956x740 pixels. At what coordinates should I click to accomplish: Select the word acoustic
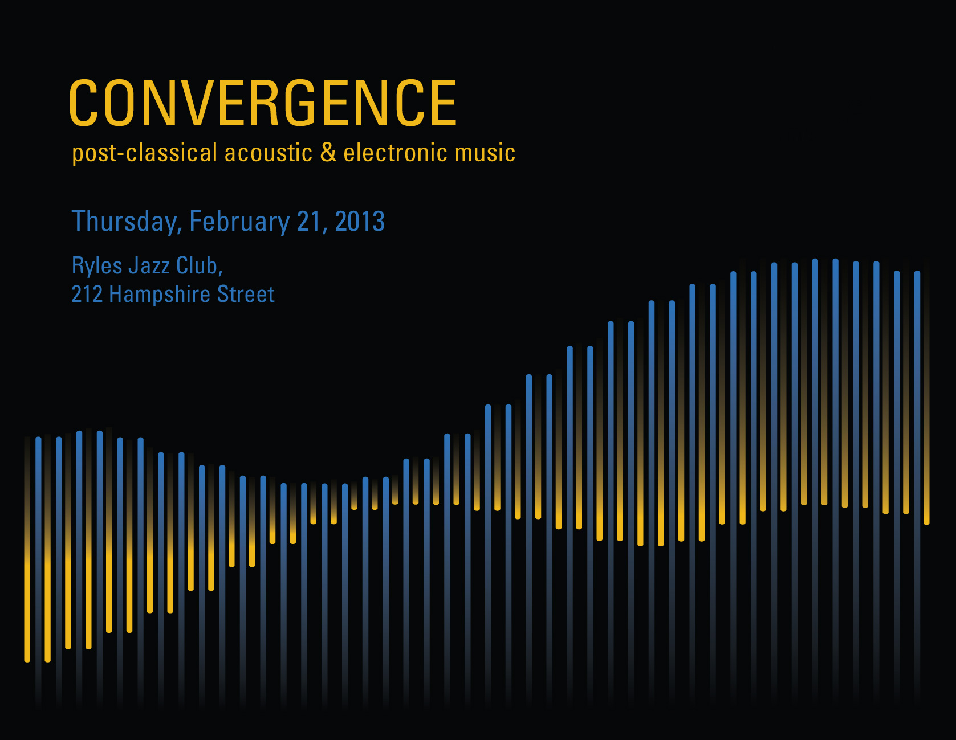click(269, 153)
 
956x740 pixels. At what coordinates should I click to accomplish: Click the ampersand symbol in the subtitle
click(328, 152)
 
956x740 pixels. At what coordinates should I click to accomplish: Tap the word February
click(239, 222)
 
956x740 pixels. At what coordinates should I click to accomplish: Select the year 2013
click(360, 221)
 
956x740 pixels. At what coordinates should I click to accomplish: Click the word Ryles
click(97, 267)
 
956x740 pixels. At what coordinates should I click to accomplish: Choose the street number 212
click(87, 295)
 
